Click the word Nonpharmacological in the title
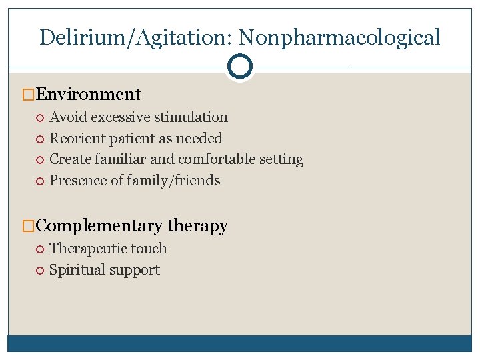(x=340, y=37)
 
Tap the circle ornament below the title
(x=239, y=66)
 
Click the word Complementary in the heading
(x=99, y=226)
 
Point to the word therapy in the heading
(x=198, y=226)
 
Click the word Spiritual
(x=76, y=270)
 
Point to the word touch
(x=151, y=249)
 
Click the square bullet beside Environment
(x=28, y=95)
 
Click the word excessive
(x=120, y=117)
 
